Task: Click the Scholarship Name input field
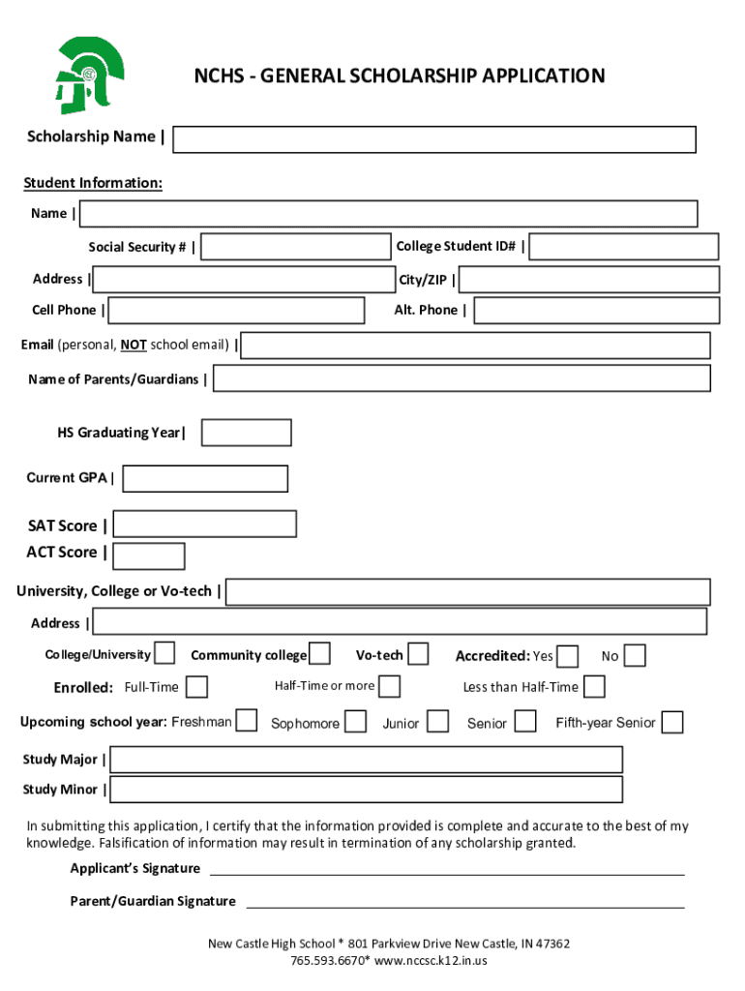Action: click(434, 139)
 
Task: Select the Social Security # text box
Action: click(295, 247)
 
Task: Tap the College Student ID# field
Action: click(624, 247)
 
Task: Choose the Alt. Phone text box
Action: click(596, 311)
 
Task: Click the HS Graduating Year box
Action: click(246, 433)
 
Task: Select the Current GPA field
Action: click(205, 479)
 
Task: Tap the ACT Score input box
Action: click(149, 556)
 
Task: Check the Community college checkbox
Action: click(320, 654)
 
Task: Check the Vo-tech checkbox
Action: click(418, 654)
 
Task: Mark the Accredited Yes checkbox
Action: click(568, 656)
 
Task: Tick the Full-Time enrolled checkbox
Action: click(196, 687)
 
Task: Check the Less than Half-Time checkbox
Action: click(595, 686)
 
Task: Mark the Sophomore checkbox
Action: click(356, 722)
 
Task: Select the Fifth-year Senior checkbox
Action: click(672, 722)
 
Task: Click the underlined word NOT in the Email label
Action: click(134, 345)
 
